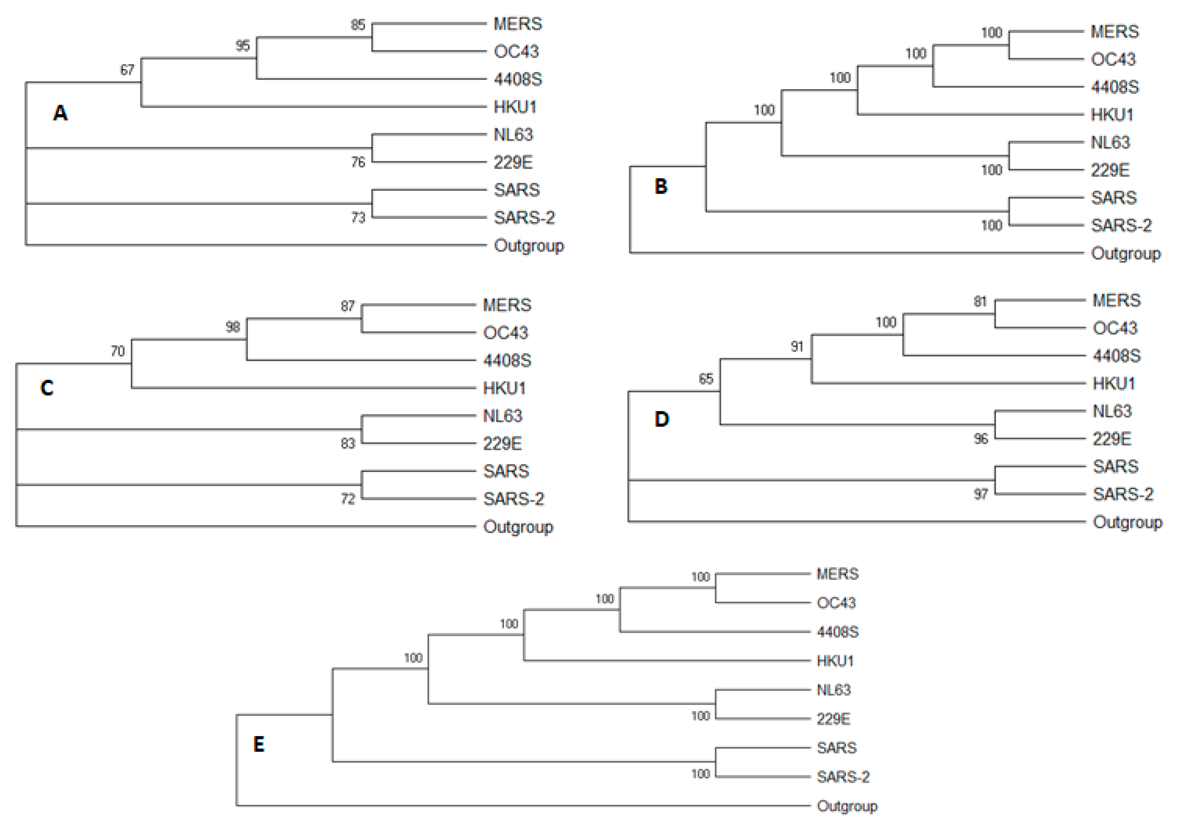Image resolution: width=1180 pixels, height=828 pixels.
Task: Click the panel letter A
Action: [x=60, y=113]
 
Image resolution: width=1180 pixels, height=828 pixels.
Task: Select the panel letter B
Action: [x=661, y=186]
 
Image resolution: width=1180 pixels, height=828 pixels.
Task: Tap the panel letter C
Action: [x=47, y=388]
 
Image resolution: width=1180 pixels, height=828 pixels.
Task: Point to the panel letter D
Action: [x=662, y=419]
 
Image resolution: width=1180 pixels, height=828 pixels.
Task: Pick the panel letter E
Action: [x=259, y=744]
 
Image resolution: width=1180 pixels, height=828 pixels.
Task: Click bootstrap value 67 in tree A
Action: [x=127, y=70]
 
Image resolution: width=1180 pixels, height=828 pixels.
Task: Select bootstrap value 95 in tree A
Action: [x=243, y=46]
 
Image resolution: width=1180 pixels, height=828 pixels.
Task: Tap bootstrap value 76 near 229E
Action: [x=358, y=163]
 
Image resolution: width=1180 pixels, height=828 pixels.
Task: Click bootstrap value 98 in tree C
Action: [x=233, y=327]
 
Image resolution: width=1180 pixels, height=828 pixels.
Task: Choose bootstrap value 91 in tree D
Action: [x=797, y=347]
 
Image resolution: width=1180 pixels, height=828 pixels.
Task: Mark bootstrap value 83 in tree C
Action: [x=348, y=444]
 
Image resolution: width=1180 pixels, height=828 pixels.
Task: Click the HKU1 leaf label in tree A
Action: [x=515, y=107]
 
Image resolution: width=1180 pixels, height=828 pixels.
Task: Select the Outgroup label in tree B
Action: [x=1126, y=253]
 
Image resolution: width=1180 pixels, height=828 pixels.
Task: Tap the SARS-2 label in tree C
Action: [x=513, y=499]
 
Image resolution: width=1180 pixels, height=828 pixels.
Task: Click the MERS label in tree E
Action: [x=837, y=574]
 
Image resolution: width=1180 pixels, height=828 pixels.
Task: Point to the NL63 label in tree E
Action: [x=834, y=690]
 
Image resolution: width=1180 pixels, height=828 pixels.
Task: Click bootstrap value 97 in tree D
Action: [x=981, y=495]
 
